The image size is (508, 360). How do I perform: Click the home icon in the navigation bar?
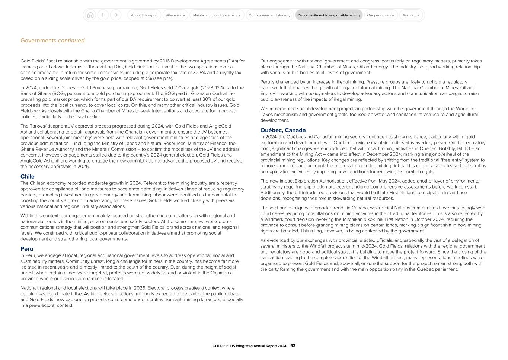(90, 15)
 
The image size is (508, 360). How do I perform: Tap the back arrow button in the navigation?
(103, 15)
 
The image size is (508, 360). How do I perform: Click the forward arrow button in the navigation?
(116, 15)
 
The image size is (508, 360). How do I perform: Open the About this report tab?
(144, 15)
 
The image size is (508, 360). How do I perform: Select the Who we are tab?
(175, 15)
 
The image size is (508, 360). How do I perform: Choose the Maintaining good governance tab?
(217, 15)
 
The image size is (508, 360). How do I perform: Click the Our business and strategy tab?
(269, 15)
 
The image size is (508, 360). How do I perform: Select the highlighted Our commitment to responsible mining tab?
(328, 15)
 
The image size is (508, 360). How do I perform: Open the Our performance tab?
(380, 15)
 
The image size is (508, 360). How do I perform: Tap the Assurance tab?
(411, 15)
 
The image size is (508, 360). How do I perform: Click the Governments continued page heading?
(52, 41)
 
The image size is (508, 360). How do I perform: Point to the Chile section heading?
(28, 177)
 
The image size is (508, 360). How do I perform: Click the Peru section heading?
(27, 249)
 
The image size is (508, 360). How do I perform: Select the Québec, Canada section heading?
(283, 130)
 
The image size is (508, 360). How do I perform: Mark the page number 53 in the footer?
(293, 346)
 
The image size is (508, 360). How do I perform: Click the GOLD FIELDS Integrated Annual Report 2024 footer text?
(249, 346)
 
